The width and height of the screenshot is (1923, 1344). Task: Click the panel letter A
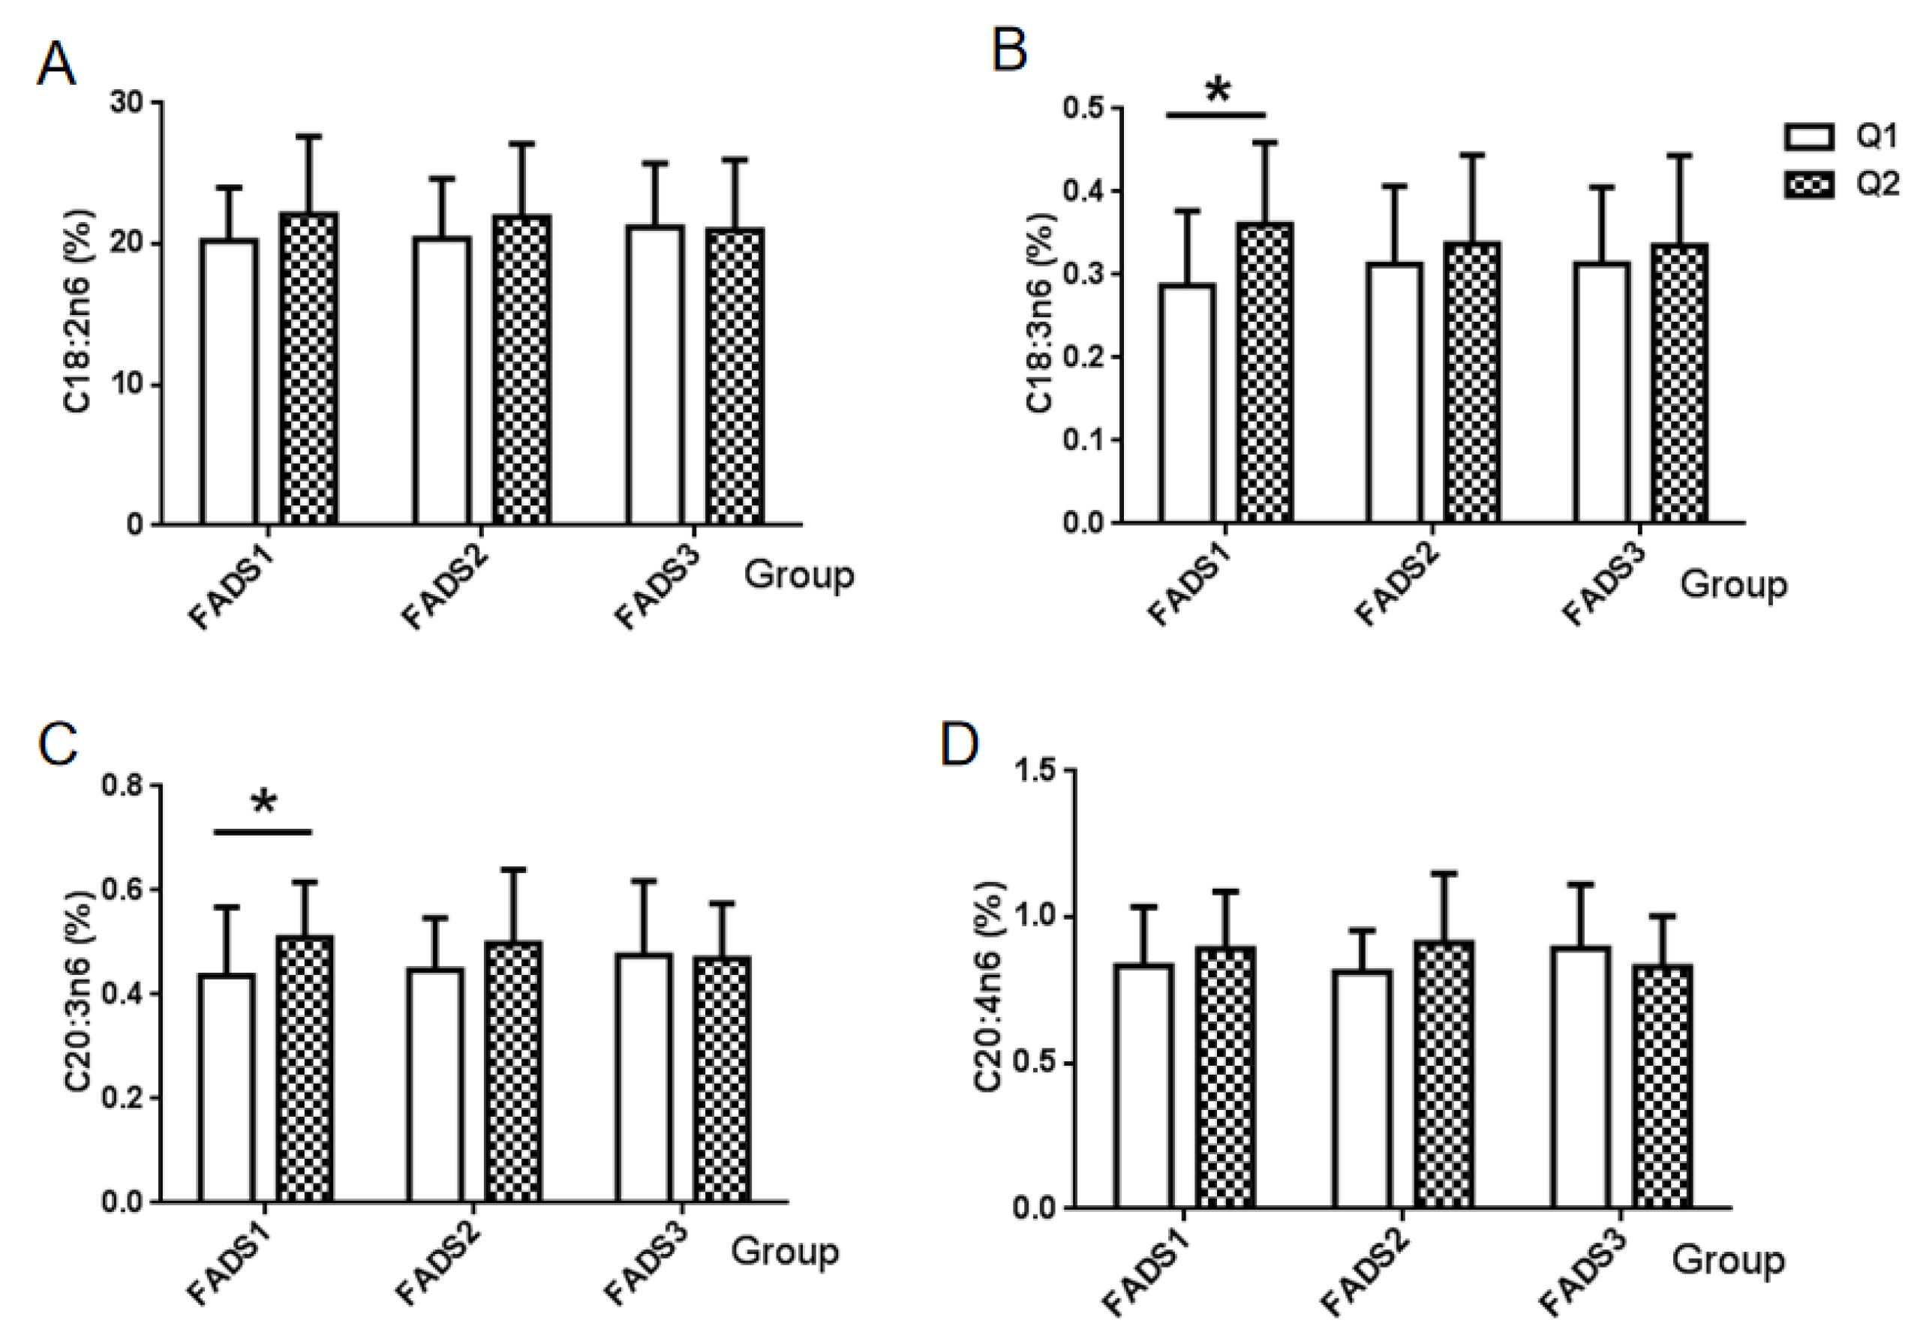coord(56,64)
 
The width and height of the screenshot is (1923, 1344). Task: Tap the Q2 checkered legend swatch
coord(1809,184)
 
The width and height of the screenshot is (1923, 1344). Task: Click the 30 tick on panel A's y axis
coord(128,102)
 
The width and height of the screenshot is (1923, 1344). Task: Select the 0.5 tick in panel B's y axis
coord(1082,109)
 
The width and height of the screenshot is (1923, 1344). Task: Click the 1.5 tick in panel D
coord(1037,770)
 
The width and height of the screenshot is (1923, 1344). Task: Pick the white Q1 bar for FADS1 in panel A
coord(230,381)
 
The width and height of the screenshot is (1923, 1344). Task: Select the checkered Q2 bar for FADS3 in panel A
coord(735,376)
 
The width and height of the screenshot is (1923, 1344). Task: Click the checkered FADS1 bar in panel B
coord(1265,373)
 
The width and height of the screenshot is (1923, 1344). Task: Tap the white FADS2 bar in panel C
coord(435,1084)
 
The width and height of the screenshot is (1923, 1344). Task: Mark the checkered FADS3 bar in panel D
coord(1663,1086)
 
